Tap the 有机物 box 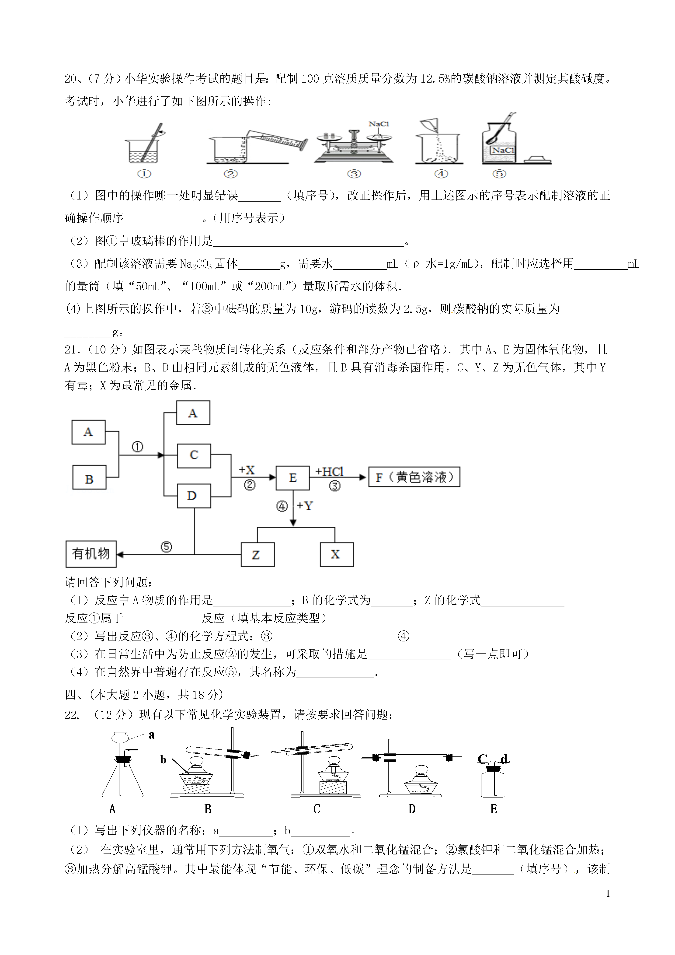91,554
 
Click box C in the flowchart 194,455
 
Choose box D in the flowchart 194,496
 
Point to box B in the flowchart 89,477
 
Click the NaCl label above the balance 379,123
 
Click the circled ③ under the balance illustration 354,174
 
